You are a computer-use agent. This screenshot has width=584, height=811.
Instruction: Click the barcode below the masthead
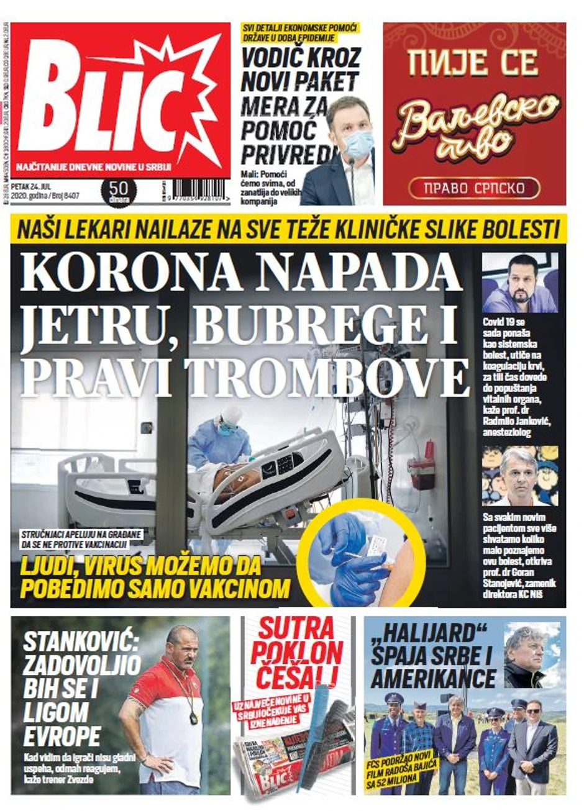[200, 191]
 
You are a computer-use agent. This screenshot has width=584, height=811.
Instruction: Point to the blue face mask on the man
[358, 144]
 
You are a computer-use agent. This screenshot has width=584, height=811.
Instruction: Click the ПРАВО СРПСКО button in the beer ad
[474, 187]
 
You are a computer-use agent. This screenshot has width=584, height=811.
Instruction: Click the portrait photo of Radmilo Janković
[519, 283]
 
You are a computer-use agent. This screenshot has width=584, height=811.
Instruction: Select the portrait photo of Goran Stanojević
[519, 476]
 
